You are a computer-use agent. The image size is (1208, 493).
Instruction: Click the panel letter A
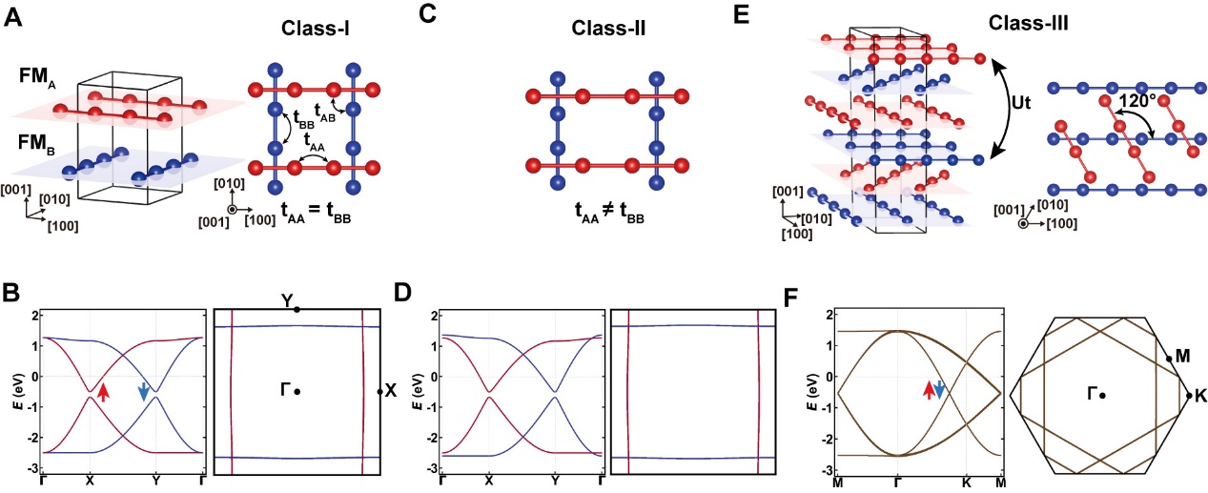[14, 17]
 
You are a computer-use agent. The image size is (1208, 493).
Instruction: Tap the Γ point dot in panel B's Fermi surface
[298, 391]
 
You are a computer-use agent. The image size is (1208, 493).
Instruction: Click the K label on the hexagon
[1200, 394]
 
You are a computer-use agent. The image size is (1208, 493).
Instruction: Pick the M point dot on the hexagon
[1169, 359]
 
